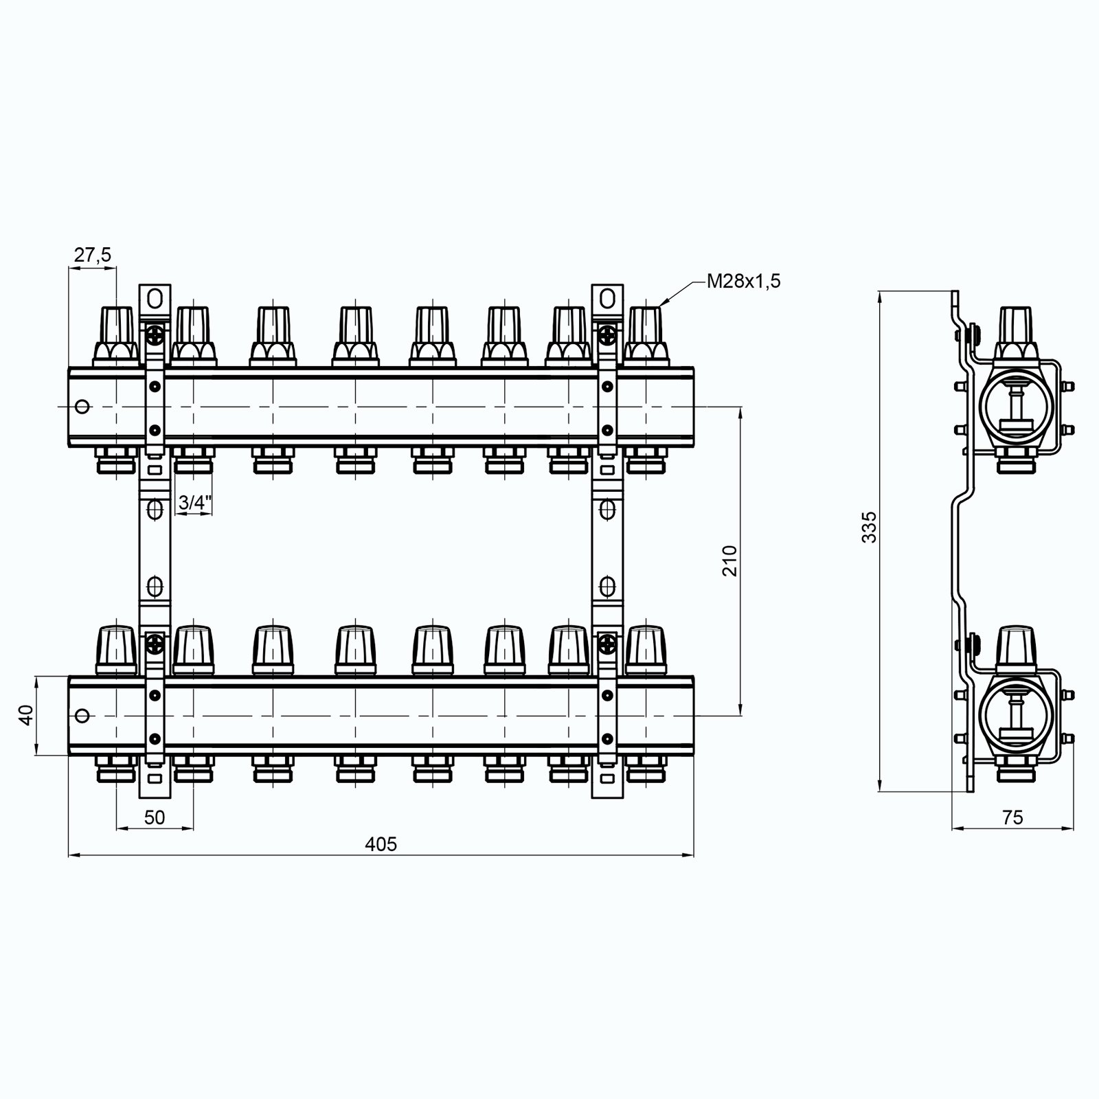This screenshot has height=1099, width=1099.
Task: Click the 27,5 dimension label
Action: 92,255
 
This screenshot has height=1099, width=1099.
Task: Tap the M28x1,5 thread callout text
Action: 744,281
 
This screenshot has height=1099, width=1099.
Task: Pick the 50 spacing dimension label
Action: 155,817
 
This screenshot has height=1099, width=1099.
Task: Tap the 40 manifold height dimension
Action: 26,716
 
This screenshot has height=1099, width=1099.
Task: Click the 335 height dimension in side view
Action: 870,527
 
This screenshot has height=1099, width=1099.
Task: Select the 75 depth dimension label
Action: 1012,817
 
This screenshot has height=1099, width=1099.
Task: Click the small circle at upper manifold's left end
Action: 82,407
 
